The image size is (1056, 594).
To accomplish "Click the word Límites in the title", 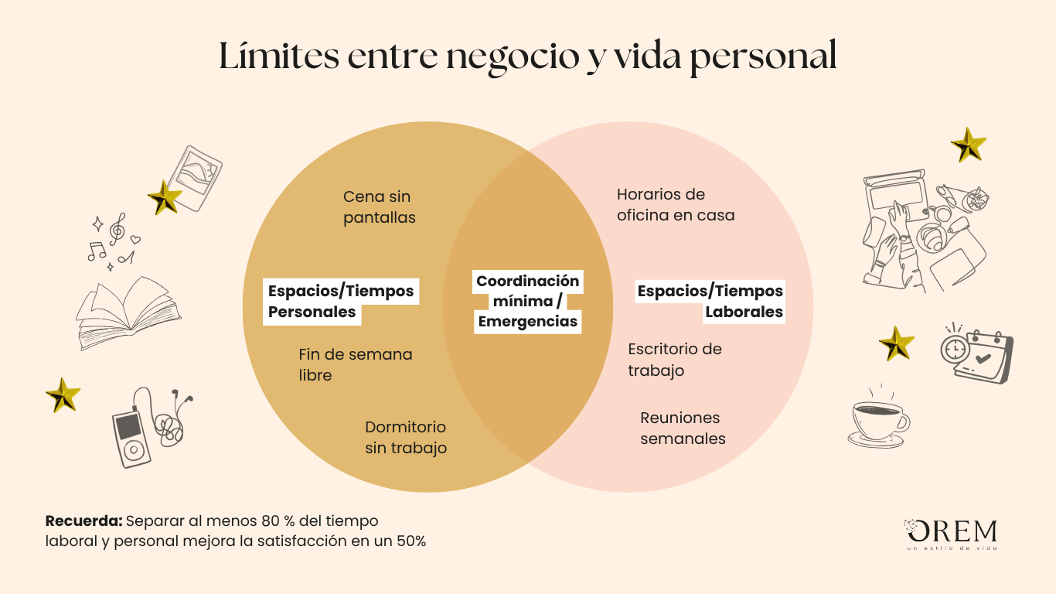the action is tap(279, 56).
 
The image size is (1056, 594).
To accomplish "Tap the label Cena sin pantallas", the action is tap(379, 207).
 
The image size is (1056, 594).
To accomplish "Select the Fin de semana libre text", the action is tap(356, 364).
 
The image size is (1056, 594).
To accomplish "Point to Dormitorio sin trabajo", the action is tap(406, 437).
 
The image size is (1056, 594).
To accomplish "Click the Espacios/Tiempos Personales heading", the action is tap(340, 301).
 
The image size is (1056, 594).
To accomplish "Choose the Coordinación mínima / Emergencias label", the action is tap(527, 301).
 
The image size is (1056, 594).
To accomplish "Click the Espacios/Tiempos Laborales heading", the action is tap(710, 301).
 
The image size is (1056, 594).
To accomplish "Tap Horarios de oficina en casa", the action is tap(676, 205).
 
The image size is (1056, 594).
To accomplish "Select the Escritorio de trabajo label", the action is tap(675, 360).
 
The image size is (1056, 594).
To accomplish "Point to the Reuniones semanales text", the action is tap(683, 428).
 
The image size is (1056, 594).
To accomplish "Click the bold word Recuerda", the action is tap(84, 521).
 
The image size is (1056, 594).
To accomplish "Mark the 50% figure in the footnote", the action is tap(411, 541).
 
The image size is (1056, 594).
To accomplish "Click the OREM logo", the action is tap(951, 534).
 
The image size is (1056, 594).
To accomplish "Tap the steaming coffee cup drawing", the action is tap(879, 416).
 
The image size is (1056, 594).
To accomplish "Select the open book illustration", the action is tap(128, 313).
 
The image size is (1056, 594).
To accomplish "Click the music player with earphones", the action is tap(152, 428).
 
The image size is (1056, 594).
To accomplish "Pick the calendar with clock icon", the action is tap(977, 353).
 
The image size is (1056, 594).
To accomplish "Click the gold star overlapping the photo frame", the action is tap(165, 197).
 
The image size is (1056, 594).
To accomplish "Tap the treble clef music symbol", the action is tap(118, 229).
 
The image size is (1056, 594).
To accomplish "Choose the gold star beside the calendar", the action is tap(896, 343).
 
